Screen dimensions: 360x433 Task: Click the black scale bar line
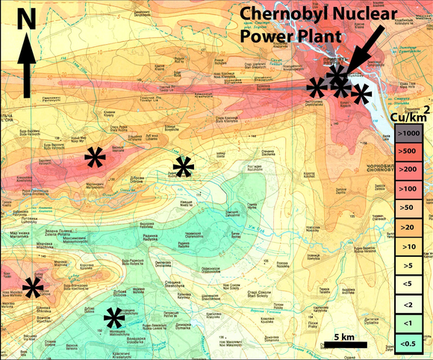[x=344, y=344]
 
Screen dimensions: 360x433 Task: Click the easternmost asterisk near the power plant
[x=361, y=94]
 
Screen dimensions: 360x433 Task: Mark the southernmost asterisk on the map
[x=114, y=319]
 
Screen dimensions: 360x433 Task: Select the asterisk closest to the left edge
[x=32, y=288]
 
